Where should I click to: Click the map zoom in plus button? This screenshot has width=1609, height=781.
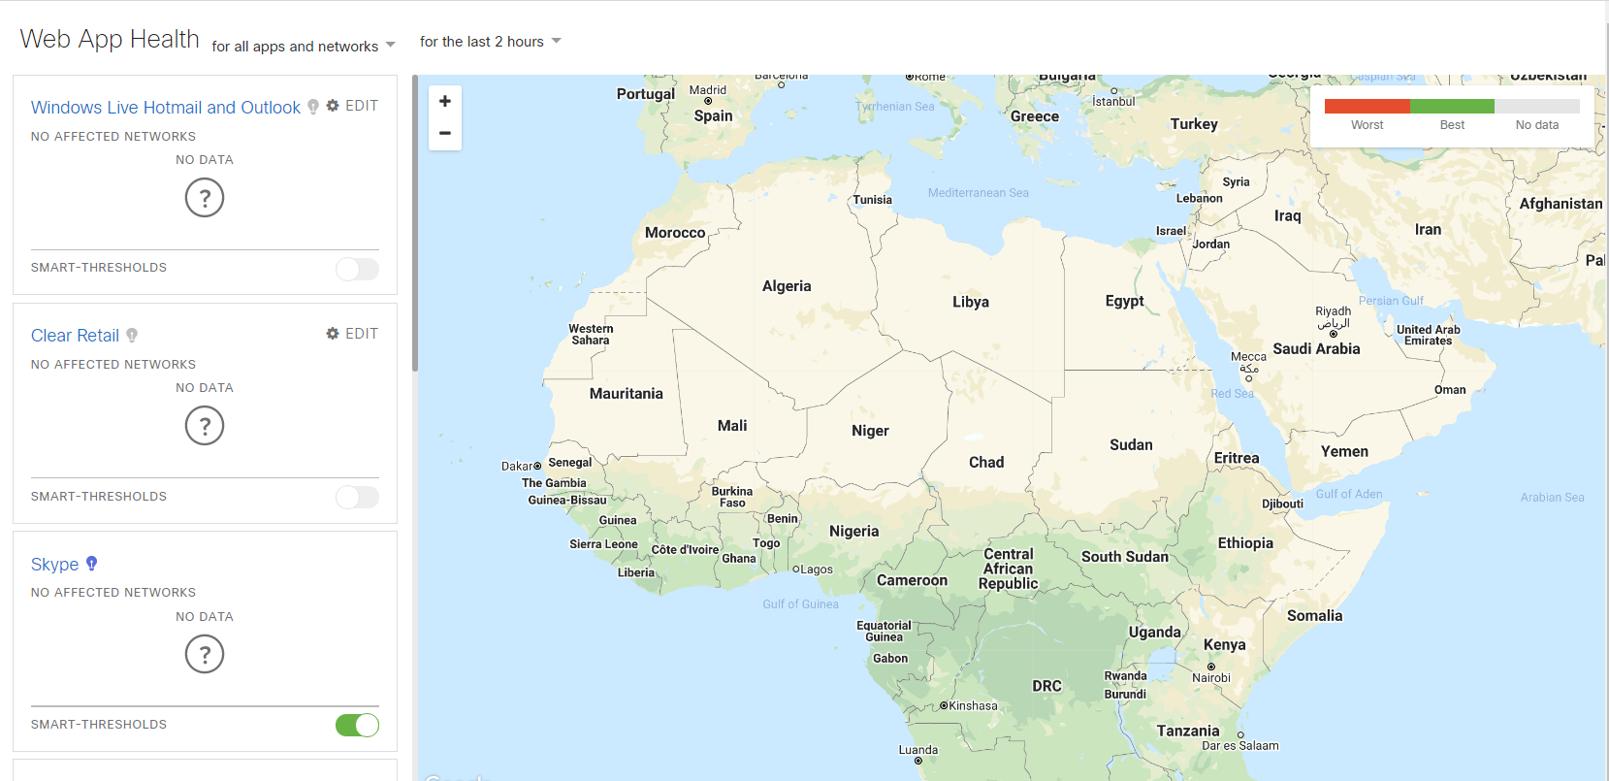click(445, 101)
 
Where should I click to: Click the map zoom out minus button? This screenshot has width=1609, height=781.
click(445, 133)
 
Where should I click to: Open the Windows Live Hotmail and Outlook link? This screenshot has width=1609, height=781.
click(166, 108)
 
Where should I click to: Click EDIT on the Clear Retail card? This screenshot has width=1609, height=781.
click(352, 334)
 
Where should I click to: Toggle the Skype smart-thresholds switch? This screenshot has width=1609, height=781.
click(357, 725)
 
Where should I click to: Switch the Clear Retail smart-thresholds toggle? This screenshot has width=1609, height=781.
click(357, 497)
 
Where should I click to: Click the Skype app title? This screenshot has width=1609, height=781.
click(54, 565)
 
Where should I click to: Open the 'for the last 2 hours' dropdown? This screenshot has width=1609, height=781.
click(490, 42)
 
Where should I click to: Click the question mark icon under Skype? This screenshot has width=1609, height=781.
click(205, 654)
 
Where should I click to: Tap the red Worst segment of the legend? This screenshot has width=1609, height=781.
click(1367, 107)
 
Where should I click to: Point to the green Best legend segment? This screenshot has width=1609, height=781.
click(1452, 107)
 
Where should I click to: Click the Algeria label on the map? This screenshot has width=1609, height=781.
click(787, 286)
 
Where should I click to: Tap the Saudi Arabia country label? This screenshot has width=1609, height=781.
click(1316, 349)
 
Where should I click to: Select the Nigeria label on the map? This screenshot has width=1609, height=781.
click(854, 532)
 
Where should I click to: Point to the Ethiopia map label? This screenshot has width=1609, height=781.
click(1245, 543)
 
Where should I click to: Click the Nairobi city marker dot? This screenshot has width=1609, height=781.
click(1211, 667)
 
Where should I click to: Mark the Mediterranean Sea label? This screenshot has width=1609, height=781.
click(978, 193)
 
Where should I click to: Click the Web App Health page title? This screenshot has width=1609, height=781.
click(110, 40)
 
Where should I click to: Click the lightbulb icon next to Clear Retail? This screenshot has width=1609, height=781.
click(132, 335)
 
